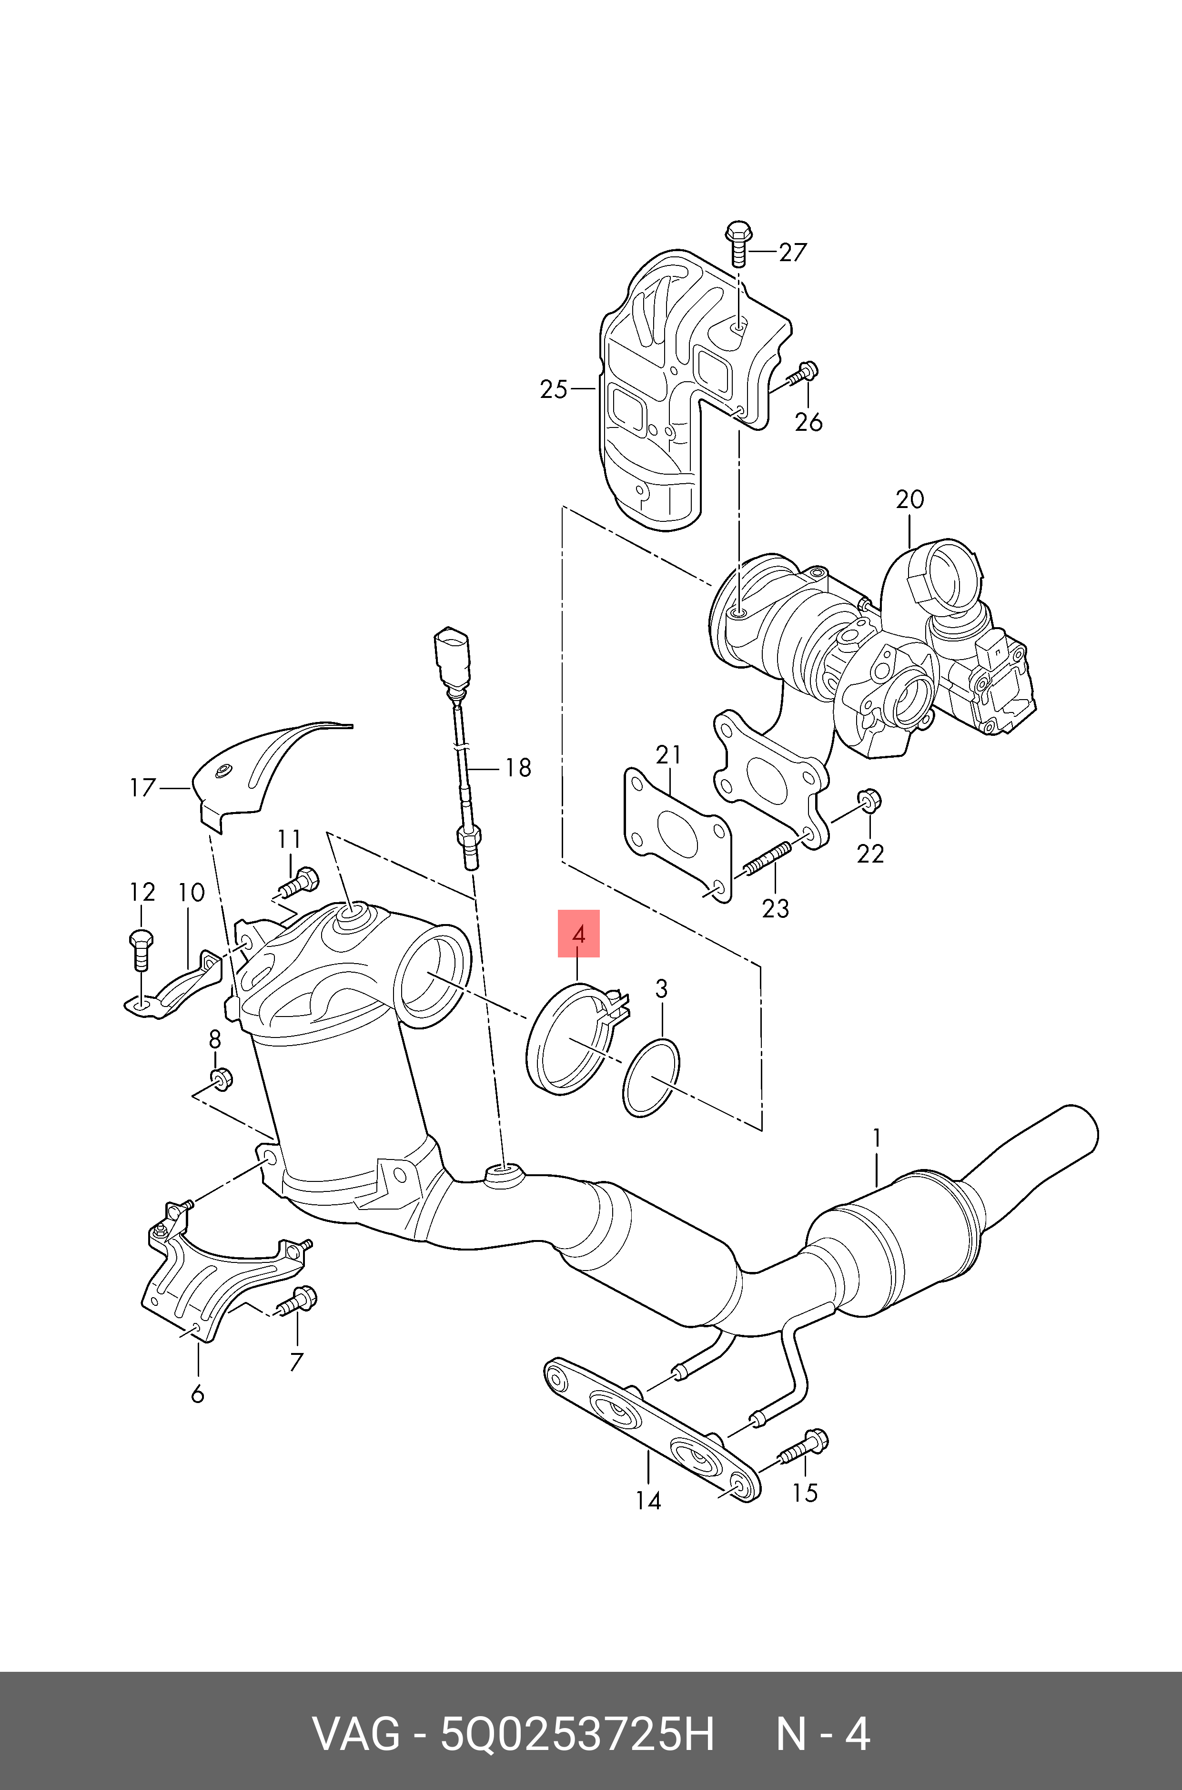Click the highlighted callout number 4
[x=578, y=934]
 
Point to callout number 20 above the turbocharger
[x=910, y=499]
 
